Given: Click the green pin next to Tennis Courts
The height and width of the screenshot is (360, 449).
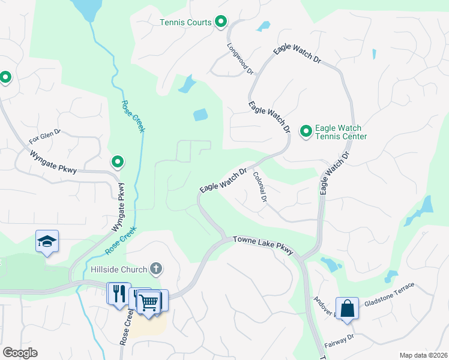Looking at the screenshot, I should [221, 22].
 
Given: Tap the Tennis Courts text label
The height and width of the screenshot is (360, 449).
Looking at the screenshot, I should [185, 23].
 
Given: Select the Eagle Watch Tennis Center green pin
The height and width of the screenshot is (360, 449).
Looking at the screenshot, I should [306, 130].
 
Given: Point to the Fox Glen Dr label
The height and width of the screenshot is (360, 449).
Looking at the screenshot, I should [45, 137].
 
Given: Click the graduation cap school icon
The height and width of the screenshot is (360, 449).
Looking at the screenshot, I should [47, 241].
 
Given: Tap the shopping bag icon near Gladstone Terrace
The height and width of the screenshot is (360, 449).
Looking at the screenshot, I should [347, 308].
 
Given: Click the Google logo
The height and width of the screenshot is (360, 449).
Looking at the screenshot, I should [19, 353].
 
